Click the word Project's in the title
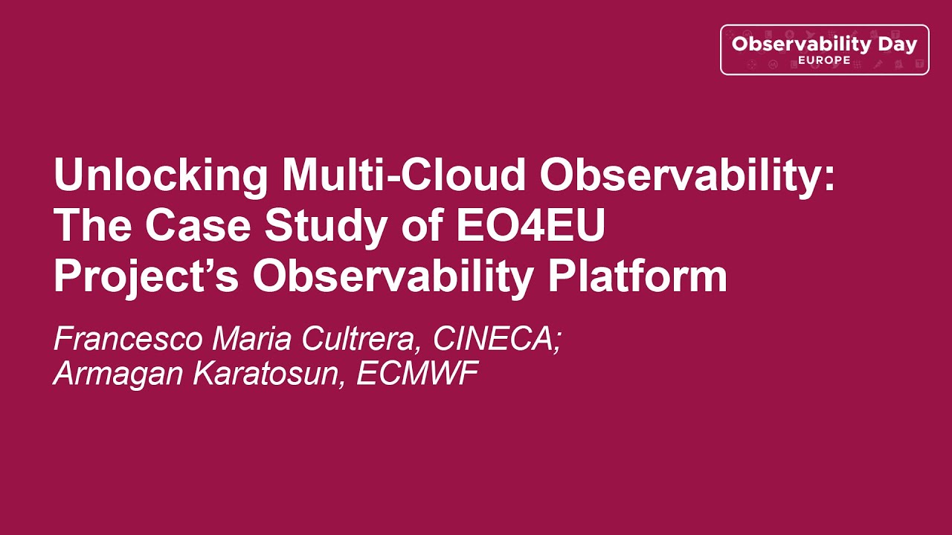click(147, 276)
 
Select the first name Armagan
click(119, 374)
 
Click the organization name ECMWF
click(416, 374)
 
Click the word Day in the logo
click(897, 44)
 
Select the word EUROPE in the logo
click(824, 60)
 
